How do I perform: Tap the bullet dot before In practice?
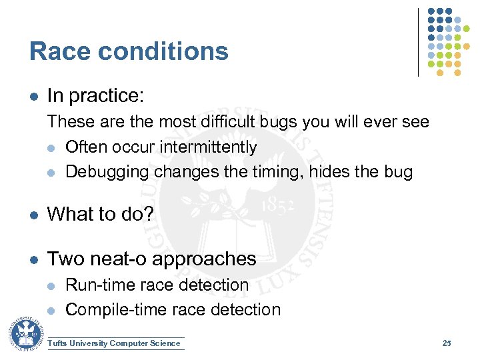click(34, 97)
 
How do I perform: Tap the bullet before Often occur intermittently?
click(53, 147)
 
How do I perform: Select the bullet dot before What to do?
click(34, 215)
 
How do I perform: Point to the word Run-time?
click(96, 285)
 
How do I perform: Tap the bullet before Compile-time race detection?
click(53, 310)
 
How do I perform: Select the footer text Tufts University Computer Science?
click(114, 343)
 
